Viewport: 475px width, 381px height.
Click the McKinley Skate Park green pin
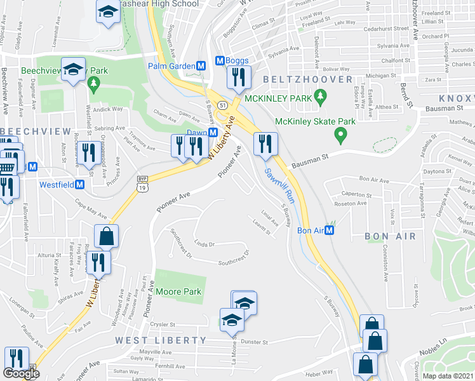(340, 135)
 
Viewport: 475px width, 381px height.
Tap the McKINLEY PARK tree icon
(321, 98)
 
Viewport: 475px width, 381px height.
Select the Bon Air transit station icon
(330, 231)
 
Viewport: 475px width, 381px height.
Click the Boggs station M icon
(220, 60)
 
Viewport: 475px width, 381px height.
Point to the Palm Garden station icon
(201, 65)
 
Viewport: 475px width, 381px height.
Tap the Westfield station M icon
(80, 185)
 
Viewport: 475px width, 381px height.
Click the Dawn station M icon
(213, 133)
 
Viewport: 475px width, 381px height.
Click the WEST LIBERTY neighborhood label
(161, 340)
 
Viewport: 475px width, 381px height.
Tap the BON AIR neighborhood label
(390, 236)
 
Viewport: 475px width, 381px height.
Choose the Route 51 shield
(222, 104)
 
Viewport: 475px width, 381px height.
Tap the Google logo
(21, 373)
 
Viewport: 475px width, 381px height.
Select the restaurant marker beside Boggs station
(237, 77)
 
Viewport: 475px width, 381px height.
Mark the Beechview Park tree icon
(94, 83)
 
